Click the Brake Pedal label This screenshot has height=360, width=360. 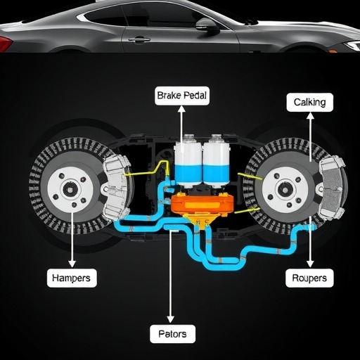182,96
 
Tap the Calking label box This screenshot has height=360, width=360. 309,102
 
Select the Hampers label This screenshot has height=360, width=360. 72,278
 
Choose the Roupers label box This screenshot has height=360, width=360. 309,278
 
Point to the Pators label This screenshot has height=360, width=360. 172,334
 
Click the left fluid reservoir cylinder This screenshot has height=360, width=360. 188,162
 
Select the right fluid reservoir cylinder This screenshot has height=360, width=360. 216,162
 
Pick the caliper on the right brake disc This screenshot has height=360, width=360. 332,188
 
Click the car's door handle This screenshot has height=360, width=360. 139,40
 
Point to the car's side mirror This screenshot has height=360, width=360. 207,26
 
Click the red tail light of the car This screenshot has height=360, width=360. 5,44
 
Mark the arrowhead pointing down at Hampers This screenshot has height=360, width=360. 72,264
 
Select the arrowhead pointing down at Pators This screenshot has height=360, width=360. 170,319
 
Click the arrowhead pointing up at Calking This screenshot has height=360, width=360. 310,116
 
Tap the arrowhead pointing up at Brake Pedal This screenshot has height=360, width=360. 181,109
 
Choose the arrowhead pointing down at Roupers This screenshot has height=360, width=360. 310,264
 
